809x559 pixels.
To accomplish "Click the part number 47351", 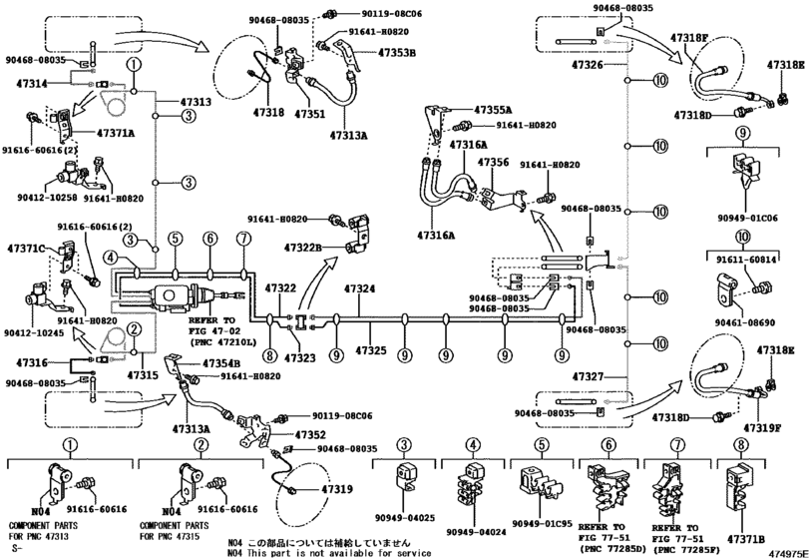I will (309, 115).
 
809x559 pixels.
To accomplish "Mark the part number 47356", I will (494, 162).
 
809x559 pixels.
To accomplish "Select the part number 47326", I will (589, 64).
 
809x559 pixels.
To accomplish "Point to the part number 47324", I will (360, 289).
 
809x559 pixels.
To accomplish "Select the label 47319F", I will (772, 426).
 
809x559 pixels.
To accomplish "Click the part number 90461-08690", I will (740, 323).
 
